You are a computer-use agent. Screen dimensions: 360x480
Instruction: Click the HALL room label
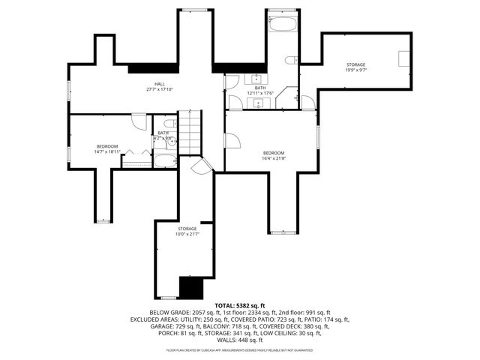tap(160, 83)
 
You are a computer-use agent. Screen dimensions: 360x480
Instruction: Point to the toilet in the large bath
tap(295, 61)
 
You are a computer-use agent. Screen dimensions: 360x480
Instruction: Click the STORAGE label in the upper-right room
tap(355, 64)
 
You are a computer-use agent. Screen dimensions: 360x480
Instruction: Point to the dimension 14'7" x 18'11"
tap(107, 151)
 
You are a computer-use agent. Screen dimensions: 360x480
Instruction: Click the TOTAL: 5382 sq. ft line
tap(240, 306)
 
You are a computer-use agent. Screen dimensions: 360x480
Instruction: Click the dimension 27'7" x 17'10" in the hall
tap(160, 89)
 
